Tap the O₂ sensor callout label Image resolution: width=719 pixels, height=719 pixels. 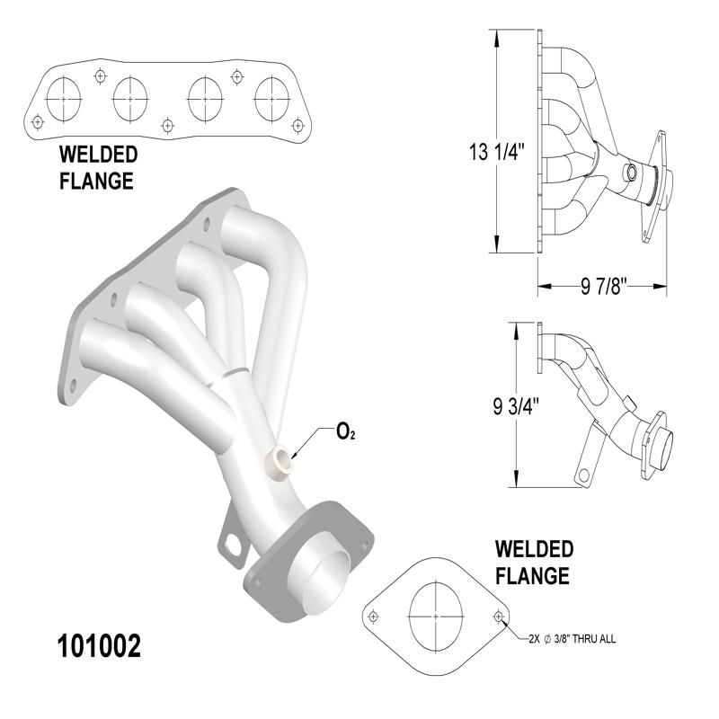[x=345, y=432]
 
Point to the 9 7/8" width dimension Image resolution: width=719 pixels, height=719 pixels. [x=599, y=288]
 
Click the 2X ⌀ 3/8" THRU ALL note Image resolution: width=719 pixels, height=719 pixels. [x=571, y=639]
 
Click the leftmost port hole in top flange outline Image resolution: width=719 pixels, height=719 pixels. [x=62, y=98]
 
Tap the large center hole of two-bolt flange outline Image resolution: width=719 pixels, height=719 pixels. [x=436, y=617]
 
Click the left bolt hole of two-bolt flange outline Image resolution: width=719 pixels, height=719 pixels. [x=374, y=617]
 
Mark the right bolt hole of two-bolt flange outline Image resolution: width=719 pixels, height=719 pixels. [x=499, y=617]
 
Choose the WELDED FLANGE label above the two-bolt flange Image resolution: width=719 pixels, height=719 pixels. [x=532, y=562]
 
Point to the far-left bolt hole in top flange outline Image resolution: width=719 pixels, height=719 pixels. [x=37, y=120]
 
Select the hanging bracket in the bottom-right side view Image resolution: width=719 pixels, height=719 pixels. [x=587, y=460]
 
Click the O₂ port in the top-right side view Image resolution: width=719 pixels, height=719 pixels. [x=632, y=173]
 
